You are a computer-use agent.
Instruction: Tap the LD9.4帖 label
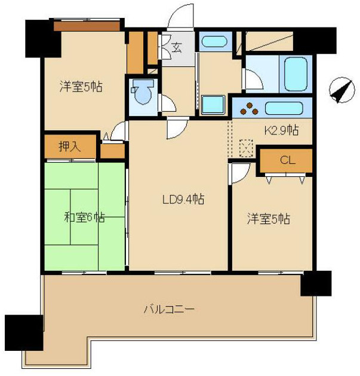(179, 199)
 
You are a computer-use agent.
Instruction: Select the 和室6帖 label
(85, 217)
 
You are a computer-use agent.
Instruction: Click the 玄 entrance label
(177, 48)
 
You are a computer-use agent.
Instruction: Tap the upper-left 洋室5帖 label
(79, 87)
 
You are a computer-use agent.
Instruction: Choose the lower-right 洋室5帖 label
(269, 219)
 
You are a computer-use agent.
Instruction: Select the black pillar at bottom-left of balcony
(23, 332)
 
